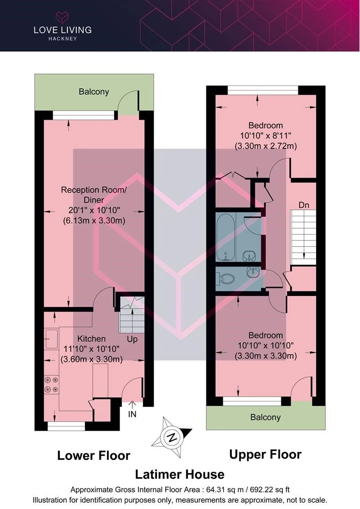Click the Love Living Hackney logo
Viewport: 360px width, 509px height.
point(62,26)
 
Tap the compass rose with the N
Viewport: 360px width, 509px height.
point(172,437)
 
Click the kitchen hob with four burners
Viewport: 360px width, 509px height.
point(51,385)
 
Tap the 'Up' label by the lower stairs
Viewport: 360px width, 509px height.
point(132,339)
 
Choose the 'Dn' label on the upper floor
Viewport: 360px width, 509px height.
point(304,205)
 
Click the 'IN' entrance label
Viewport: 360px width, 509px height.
point(132,414)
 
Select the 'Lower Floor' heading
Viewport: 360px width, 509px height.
point(94,455)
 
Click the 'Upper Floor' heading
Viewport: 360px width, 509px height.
point(265,454)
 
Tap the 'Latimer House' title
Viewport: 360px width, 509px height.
point(180,474)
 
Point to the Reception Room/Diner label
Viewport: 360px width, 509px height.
point(94,195)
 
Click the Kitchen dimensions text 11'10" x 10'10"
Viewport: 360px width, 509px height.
point(91,349)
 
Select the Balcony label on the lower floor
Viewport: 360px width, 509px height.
point(94,91)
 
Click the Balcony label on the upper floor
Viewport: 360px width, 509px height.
point(265,417)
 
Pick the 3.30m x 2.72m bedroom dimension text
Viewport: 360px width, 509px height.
point(266,146)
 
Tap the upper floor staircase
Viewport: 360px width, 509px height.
point(303,237)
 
